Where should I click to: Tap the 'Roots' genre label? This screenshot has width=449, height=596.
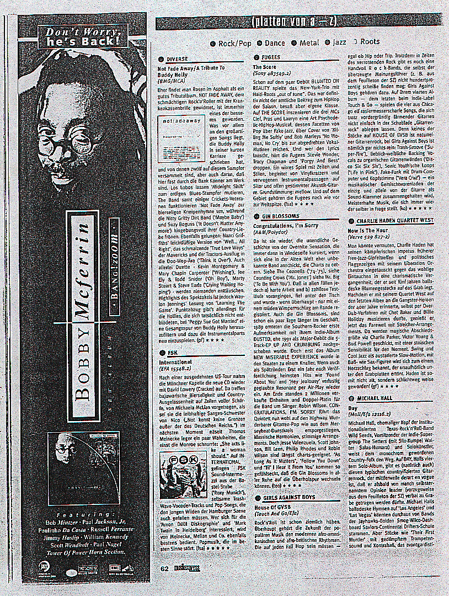pos(370,42)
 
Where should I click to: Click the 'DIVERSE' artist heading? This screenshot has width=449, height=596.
pos(177,59)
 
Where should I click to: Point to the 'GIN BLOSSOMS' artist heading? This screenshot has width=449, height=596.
pos(280,216)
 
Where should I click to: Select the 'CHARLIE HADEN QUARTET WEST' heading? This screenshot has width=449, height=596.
pos(394,220)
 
